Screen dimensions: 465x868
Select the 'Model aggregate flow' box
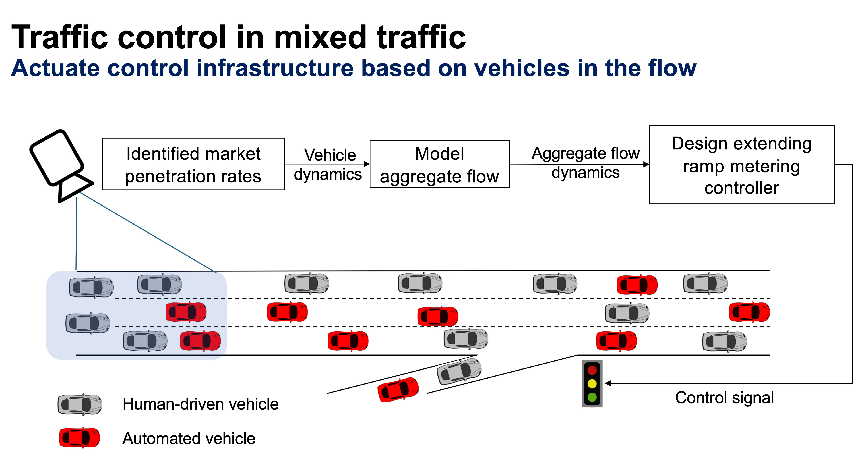[439, 164]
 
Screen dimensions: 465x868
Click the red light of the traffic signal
[592, 370]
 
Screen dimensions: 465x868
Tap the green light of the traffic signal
[592, 397]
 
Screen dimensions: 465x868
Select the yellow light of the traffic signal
[592, 384]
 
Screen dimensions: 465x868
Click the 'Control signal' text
[724, 398]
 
